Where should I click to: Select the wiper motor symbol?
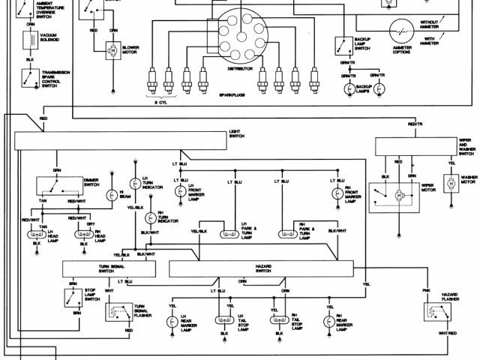click(x=398, y=194)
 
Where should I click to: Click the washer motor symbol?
click(x=451, y=183)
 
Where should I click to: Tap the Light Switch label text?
click(x=236, y=133)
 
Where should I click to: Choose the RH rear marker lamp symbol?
click(x=328, y=322)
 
